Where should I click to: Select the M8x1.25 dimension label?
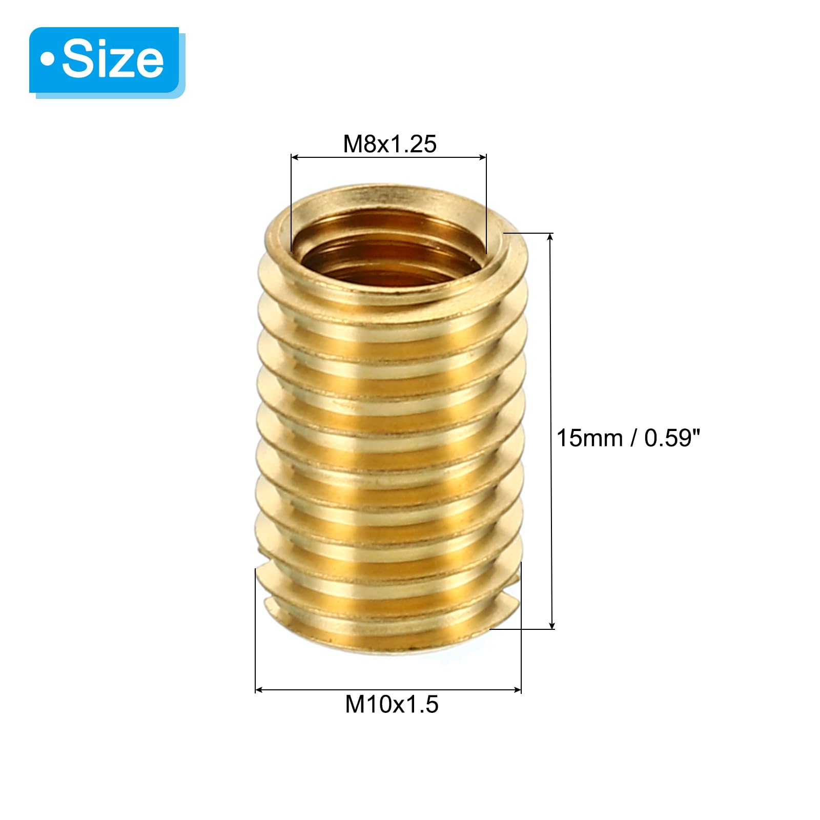pyautogui.click(x=389, y=144)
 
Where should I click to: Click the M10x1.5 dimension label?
pyautogui.click(x=392, y=704)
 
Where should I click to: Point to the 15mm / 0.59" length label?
pyautogui.click(x=628, y=438)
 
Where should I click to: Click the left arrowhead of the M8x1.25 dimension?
pyautogui.click(x=295, y=157)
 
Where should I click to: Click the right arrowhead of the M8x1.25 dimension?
pyautogui.click(x=482, y=157)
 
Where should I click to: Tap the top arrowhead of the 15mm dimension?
pyautogui.click(x=551, y=237)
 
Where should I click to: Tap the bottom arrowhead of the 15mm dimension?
pyautogui.click(x=551, y=625)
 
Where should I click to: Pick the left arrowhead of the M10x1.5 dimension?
pyautogui.click(x=259, y=690)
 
